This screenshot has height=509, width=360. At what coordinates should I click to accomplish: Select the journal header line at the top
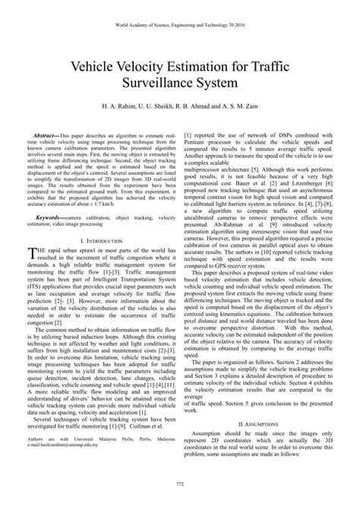pyautogui.click(x=180, y=24)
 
